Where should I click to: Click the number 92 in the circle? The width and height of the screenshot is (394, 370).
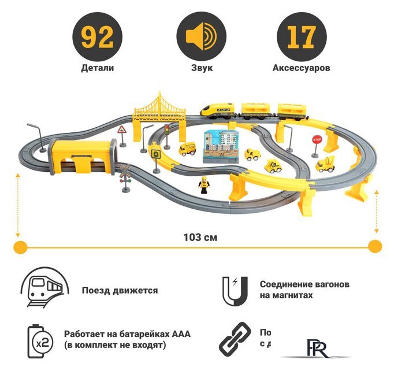pyautogui.click(x=97, y=36)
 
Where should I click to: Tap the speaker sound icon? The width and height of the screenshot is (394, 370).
pyautogui.click(x=198, y=36)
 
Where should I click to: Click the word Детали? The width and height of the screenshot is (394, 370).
pyautogui.click(x=97, y=68)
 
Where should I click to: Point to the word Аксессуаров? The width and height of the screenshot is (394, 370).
pyautogui.click(x=301, y=68)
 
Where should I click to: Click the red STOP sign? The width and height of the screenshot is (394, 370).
pyautogui.click(x=316, y=140)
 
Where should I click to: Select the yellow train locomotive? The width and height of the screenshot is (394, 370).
pyautogui.click(x=218, y=110)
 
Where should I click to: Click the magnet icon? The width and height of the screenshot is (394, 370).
pyautogui.click(x=235, y=290)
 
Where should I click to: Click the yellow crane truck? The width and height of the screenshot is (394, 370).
pyautogui.click(x=326, y=164)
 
